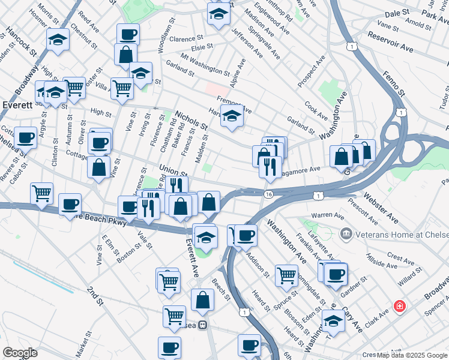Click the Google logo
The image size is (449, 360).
click(x=20, y=353)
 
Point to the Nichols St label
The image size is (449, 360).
click(x=191, y=119)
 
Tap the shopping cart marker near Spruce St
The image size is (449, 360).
click(x=287, y=275)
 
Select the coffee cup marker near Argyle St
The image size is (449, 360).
click(x=26, y=137)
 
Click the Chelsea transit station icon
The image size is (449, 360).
click(x=203, y=325)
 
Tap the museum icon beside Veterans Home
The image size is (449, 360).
click(x=346, y=233)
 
